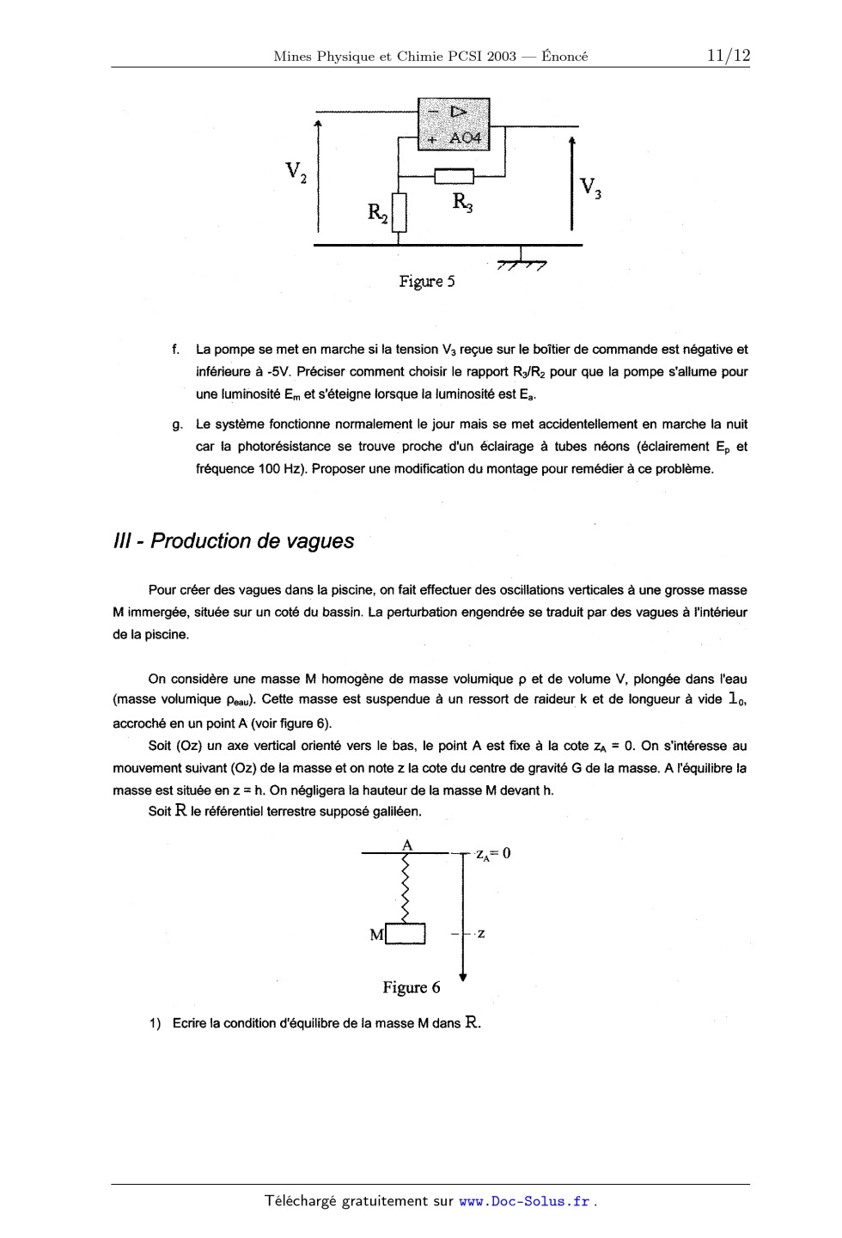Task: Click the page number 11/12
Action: (x=728, y=56)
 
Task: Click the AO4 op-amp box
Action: (x=453, y=124)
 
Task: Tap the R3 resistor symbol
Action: (x=454, y=177)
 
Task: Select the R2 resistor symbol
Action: (x=398, y=212)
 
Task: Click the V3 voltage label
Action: (x=589, y=187)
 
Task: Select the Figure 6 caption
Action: (x=411, y=988)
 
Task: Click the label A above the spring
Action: (x=408, y=845)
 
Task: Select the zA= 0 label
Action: (x=493, y=853)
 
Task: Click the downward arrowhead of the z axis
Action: (x=463, y=977)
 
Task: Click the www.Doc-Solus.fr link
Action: (x=525, y=1202)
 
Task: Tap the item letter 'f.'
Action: (x=176, y=350)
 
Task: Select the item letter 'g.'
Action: (x=177, y=424)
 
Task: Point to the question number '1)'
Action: (x=155, y=1024)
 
